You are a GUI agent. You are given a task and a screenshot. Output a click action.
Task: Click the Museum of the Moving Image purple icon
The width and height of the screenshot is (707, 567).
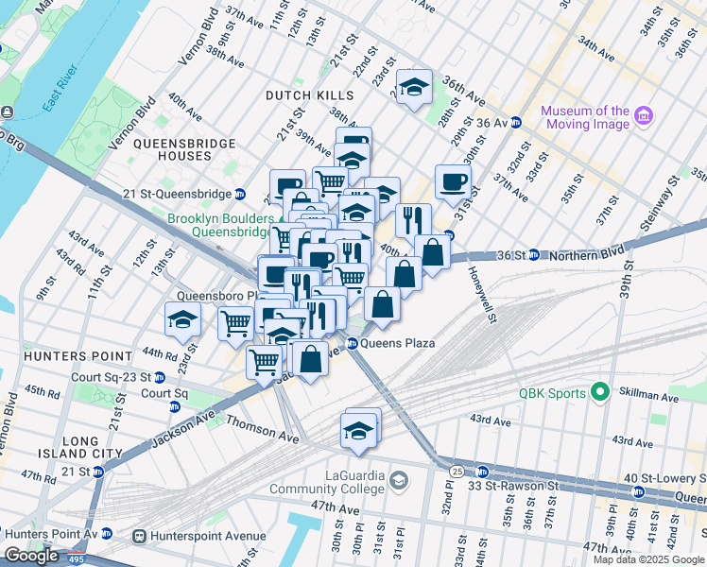644,117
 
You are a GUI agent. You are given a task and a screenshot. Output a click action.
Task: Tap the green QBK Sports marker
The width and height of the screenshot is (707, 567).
597,391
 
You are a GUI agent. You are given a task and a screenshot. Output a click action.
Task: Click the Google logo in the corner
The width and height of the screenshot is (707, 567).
31,556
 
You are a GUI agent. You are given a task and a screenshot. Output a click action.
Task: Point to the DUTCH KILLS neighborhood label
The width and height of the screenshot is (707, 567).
309,95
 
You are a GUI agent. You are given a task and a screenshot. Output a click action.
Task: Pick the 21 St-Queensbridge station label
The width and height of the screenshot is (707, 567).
177,194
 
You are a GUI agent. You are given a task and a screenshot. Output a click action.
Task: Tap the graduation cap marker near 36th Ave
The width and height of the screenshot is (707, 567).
413,87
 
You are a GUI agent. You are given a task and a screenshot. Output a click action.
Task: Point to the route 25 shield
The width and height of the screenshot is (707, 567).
456,471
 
